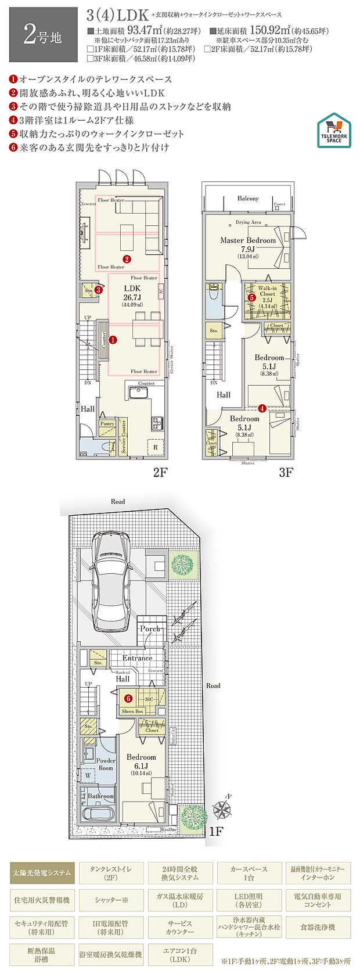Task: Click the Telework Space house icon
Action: click(x=334, y=129)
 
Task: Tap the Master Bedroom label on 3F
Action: click(x=248, y=240)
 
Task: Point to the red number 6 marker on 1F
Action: click(x=128, y=699)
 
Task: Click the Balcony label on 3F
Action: click(x=248, y=199)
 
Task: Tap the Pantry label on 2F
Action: click(x=107, y=424)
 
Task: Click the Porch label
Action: click(x=150, y=629)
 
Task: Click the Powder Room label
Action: click(x=106, y=764)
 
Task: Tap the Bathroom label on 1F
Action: click(x=101, y=796)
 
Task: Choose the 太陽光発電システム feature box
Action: click(x=42, y=872)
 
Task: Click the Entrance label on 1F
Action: click(x=137, y=658)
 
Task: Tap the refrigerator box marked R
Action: click(x=155, y=448)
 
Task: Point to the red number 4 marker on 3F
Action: click(x=262, y=408)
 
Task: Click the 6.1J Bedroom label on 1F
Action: click(x=141, y=757)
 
